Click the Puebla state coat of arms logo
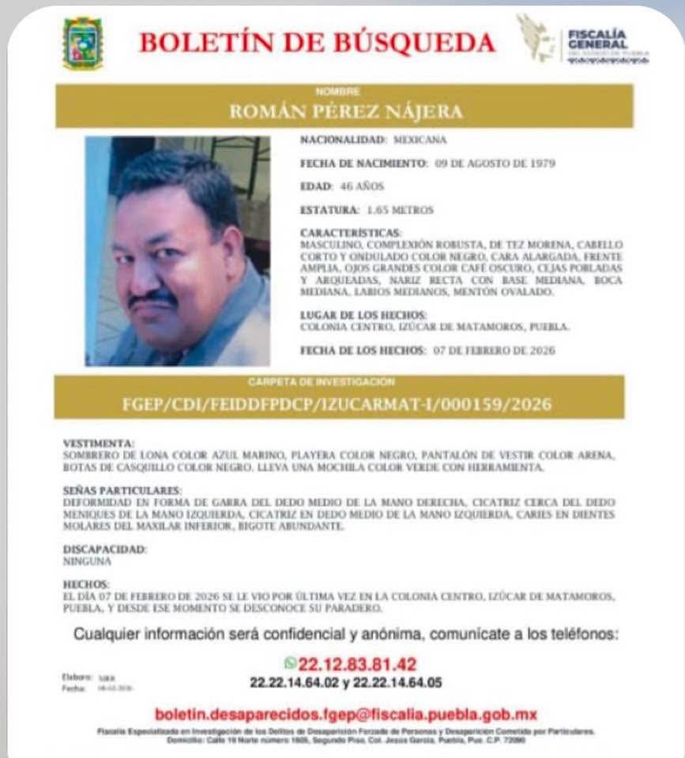tap(82, 43)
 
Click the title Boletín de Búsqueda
tap(318, 43)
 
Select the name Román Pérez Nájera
tap(345, 111)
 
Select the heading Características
tap(351, 233)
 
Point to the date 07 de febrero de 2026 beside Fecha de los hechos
tap(494, 350)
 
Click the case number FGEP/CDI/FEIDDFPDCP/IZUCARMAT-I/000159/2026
tap(337, 405)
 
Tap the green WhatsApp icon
tap(292, 663)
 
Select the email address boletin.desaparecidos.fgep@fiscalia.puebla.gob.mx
tap(345, 715)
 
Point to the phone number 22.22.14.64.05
tap(393, 681)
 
